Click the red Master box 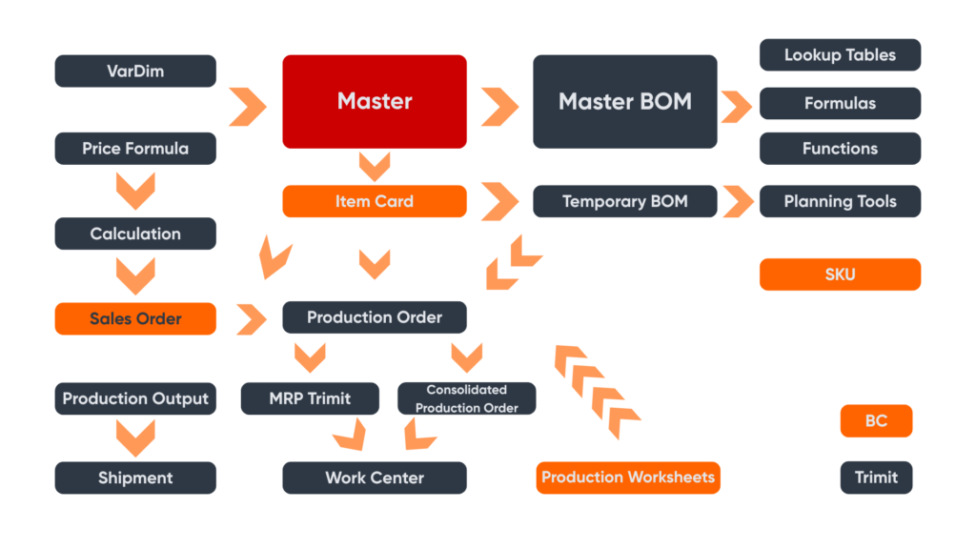(x=375, y=101)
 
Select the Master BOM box (x=624, y=101)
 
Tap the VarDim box (x=135, y=71)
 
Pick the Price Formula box (x=135, y=149)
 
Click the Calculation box (x=135, y=234)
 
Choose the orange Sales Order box (x=135, y=318)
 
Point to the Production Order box (x=375, y=317)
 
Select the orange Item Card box (x=375, y=201)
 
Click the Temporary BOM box (x=624, y=201)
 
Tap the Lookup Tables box (x=840, y=54)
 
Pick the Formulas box (x=840, y=103)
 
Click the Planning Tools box (x=840, y=201)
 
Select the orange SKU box (x=840, y=274)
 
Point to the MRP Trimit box (x=310, y=398)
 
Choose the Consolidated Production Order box (x=466, y=398)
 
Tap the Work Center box (x=375, y=478)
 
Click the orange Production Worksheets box (x=628, y=478)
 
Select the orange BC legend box (x=876, y=421)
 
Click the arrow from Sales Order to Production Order (x=251, y=319)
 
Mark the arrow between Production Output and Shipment (x=135, y=438)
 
